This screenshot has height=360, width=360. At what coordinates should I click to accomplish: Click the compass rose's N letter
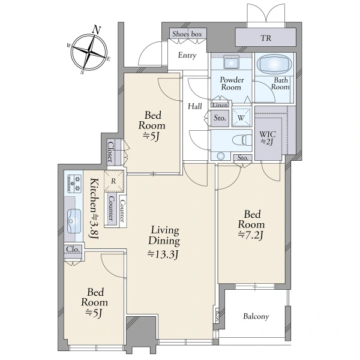point(97,29)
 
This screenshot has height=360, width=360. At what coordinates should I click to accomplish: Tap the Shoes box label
point(187,34)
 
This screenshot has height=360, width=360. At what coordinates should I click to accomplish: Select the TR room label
point(266,38)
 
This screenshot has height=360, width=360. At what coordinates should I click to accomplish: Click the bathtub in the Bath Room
point(274,64)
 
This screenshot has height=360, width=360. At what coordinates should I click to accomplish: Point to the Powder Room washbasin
point(231,63)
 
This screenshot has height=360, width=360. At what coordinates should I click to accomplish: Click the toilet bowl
point(242,140)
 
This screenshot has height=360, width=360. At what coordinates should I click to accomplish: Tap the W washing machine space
point(241,118)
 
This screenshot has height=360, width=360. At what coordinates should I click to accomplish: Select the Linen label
point(220,105)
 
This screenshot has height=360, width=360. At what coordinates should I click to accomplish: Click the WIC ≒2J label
point(268,138)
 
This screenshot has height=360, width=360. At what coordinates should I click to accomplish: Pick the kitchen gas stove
point(74,184)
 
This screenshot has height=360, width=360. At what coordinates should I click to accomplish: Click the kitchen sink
point(74,221)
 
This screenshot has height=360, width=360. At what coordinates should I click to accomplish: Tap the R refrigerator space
point(113,181)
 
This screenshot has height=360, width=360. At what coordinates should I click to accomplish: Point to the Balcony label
point(256,316)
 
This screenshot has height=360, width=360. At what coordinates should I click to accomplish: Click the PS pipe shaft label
point(217,316)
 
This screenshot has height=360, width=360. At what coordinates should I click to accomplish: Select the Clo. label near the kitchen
point(73,249)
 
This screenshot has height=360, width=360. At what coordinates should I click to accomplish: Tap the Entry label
point(187,55)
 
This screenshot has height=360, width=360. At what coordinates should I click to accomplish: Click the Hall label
point(195,106)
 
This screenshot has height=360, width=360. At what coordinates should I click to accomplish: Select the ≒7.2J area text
point(250,235)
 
